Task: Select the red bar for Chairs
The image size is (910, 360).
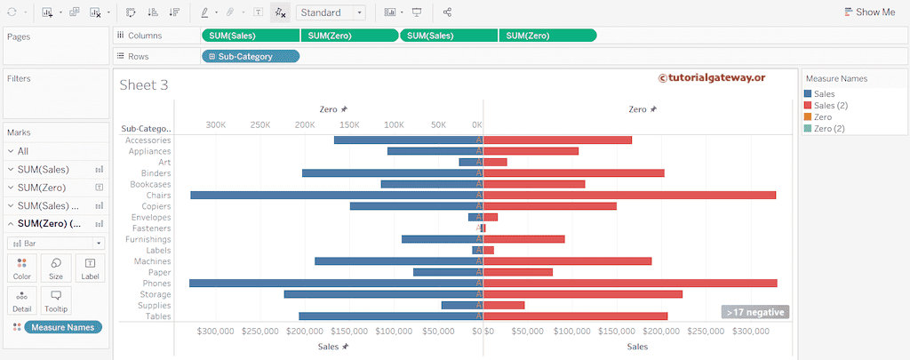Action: click(x=629, y=195)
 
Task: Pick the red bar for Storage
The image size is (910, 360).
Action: click(x=582, y=294)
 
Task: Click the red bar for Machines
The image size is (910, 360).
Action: click(x=567, y=261)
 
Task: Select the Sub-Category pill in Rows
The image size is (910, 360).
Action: click(x=251, y=56)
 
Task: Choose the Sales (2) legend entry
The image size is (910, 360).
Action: click(x=830, y=105)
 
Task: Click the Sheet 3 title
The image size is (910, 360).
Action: click(x=144, y=85)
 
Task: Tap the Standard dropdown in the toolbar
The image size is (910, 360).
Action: click(x=331, y=12)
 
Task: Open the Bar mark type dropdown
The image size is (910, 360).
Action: click(x=55, y=243)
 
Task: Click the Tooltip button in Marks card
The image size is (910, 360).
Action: click(x=55, y=300)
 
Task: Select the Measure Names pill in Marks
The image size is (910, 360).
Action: click(x=62, y=327)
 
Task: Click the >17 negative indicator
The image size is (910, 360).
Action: click(x=754, y=312)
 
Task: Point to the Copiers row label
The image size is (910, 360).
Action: click(x=156, y=206)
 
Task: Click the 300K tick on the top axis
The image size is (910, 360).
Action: click(x=216, y=125)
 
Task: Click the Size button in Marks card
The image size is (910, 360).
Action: click(x=55, y=268)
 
